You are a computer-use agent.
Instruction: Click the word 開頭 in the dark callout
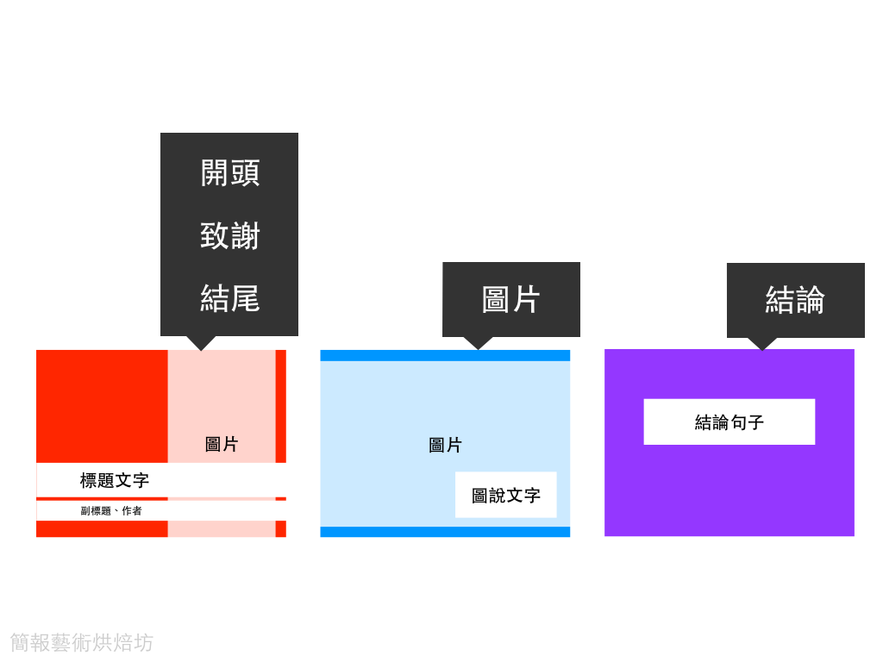(x=229, y=172)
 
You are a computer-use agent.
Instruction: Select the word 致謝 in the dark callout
(x=229, y=235)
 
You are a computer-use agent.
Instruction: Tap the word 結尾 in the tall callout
(x=229, y=298)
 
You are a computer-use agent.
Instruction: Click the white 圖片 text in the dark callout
(x=510, y=299)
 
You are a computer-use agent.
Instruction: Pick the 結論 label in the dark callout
(x=795, y=300)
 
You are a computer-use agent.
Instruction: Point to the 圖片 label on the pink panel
(x=222, y=445)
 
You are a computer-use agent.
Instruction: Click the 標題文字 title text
(x=115, y=480)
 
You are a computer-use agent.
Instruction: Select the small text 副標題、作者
(x=111, y=511)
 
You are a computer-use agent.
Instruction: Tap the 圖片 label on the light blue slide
(x=445, y=446)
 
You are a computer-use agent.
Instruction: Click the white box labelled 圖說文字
(x=505, y=496)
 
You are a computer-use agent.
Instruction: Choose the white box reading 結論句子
(x=729, y=422)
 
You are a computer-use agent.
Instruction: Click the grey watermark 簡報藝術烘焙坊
(x=82, y=642)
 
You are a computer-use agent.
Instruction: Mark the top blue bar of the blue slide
(x=445, y=355)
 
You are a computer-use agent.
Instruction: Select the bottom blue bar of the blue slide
(x=445, y=532)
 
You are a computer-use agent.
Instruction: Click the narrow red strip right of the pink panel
(x=280, y=405)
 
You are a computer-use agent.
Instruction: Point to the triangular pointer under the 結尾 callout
(x=201, y=342)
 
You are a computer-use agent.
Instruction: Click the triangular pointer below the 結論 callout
(x=761, y=343)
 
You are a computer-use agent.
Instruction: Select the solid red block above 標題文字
(x=102, y=405)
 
